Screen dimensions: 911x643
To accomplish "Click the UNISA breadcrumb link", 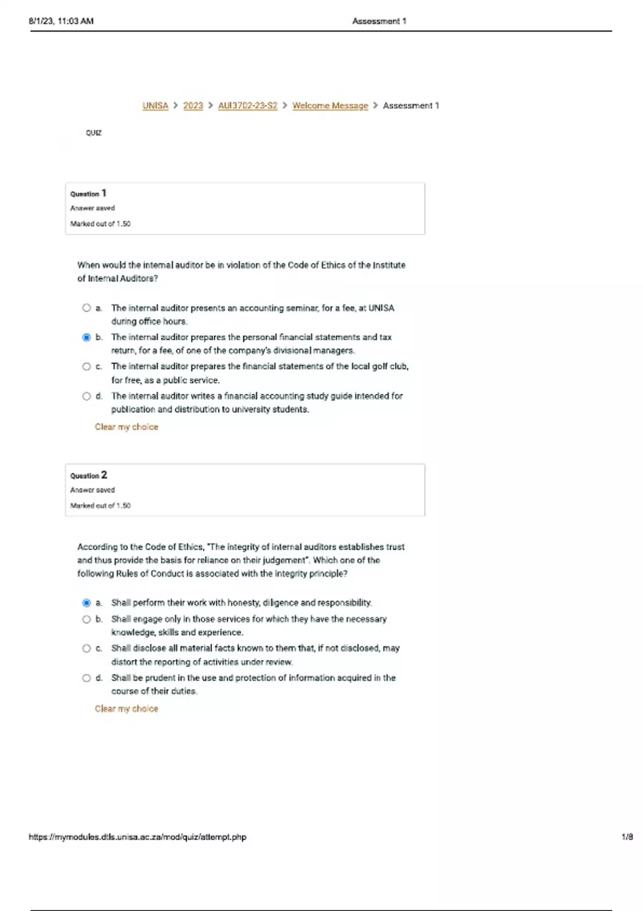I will tap(155, 106).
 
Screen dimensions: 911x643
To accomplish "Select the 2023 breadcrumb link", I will tap(193, 106).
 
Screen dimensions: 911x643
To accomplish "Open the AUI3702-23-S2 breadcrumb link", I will tap(248, 106).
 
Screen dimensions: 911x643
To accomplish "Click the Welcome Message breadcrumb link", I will tap(330, 106).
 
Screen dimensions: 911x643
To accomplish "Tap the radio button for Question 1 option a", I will tap(86, 308).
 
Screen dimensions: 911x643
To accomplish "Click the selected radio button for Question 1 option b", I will tap(86, 337).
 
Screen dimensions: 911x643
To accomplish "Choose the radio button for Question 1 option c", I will tap(86, 367).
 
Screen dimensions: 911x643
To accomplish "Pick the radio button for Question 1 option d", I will tap(86, 396).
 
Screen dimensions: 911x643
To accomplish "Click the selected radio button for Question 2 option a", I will tap(86, 603).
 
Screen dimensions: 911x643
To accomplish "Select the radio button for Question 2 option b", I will tap(86, 619).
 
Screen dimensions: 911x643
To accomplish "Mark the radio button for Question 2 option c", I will tap(86, 648).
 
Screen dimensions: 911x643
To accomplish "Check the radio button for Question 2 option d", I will tap(86, 678).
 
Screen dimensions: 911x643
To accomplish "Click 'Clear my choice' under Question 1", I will tap(126, 427).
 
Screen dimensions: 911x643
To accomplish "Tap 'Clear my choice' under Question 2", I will tap(126, 709).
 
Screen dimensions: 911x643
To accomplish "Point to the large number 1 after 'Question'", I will tap(104, 193).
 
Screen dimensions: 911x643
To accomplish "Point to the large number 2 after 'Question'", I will tap(104, 475).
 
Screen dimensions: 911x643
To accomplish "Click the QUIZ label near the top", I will tap(94, 133).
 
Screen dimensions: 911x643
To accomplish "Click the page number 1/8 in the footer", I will tap(627, 837).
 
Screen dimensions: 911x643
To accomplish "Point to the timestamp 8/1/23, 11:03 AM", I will tap(61, 21).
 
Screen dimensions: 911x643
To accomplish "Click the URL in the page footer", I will tap(138, 837).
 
